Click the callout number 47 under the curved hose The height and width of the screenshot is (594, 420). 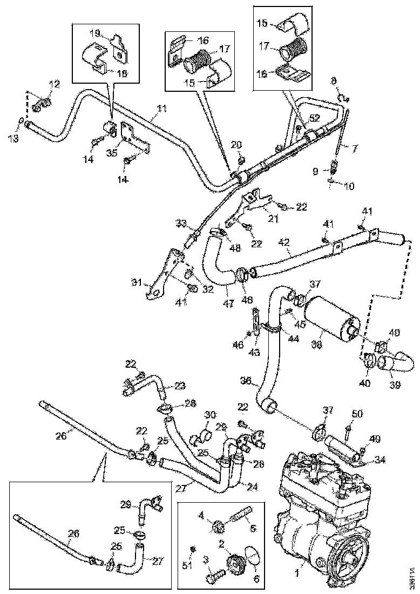coord(228,304)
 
